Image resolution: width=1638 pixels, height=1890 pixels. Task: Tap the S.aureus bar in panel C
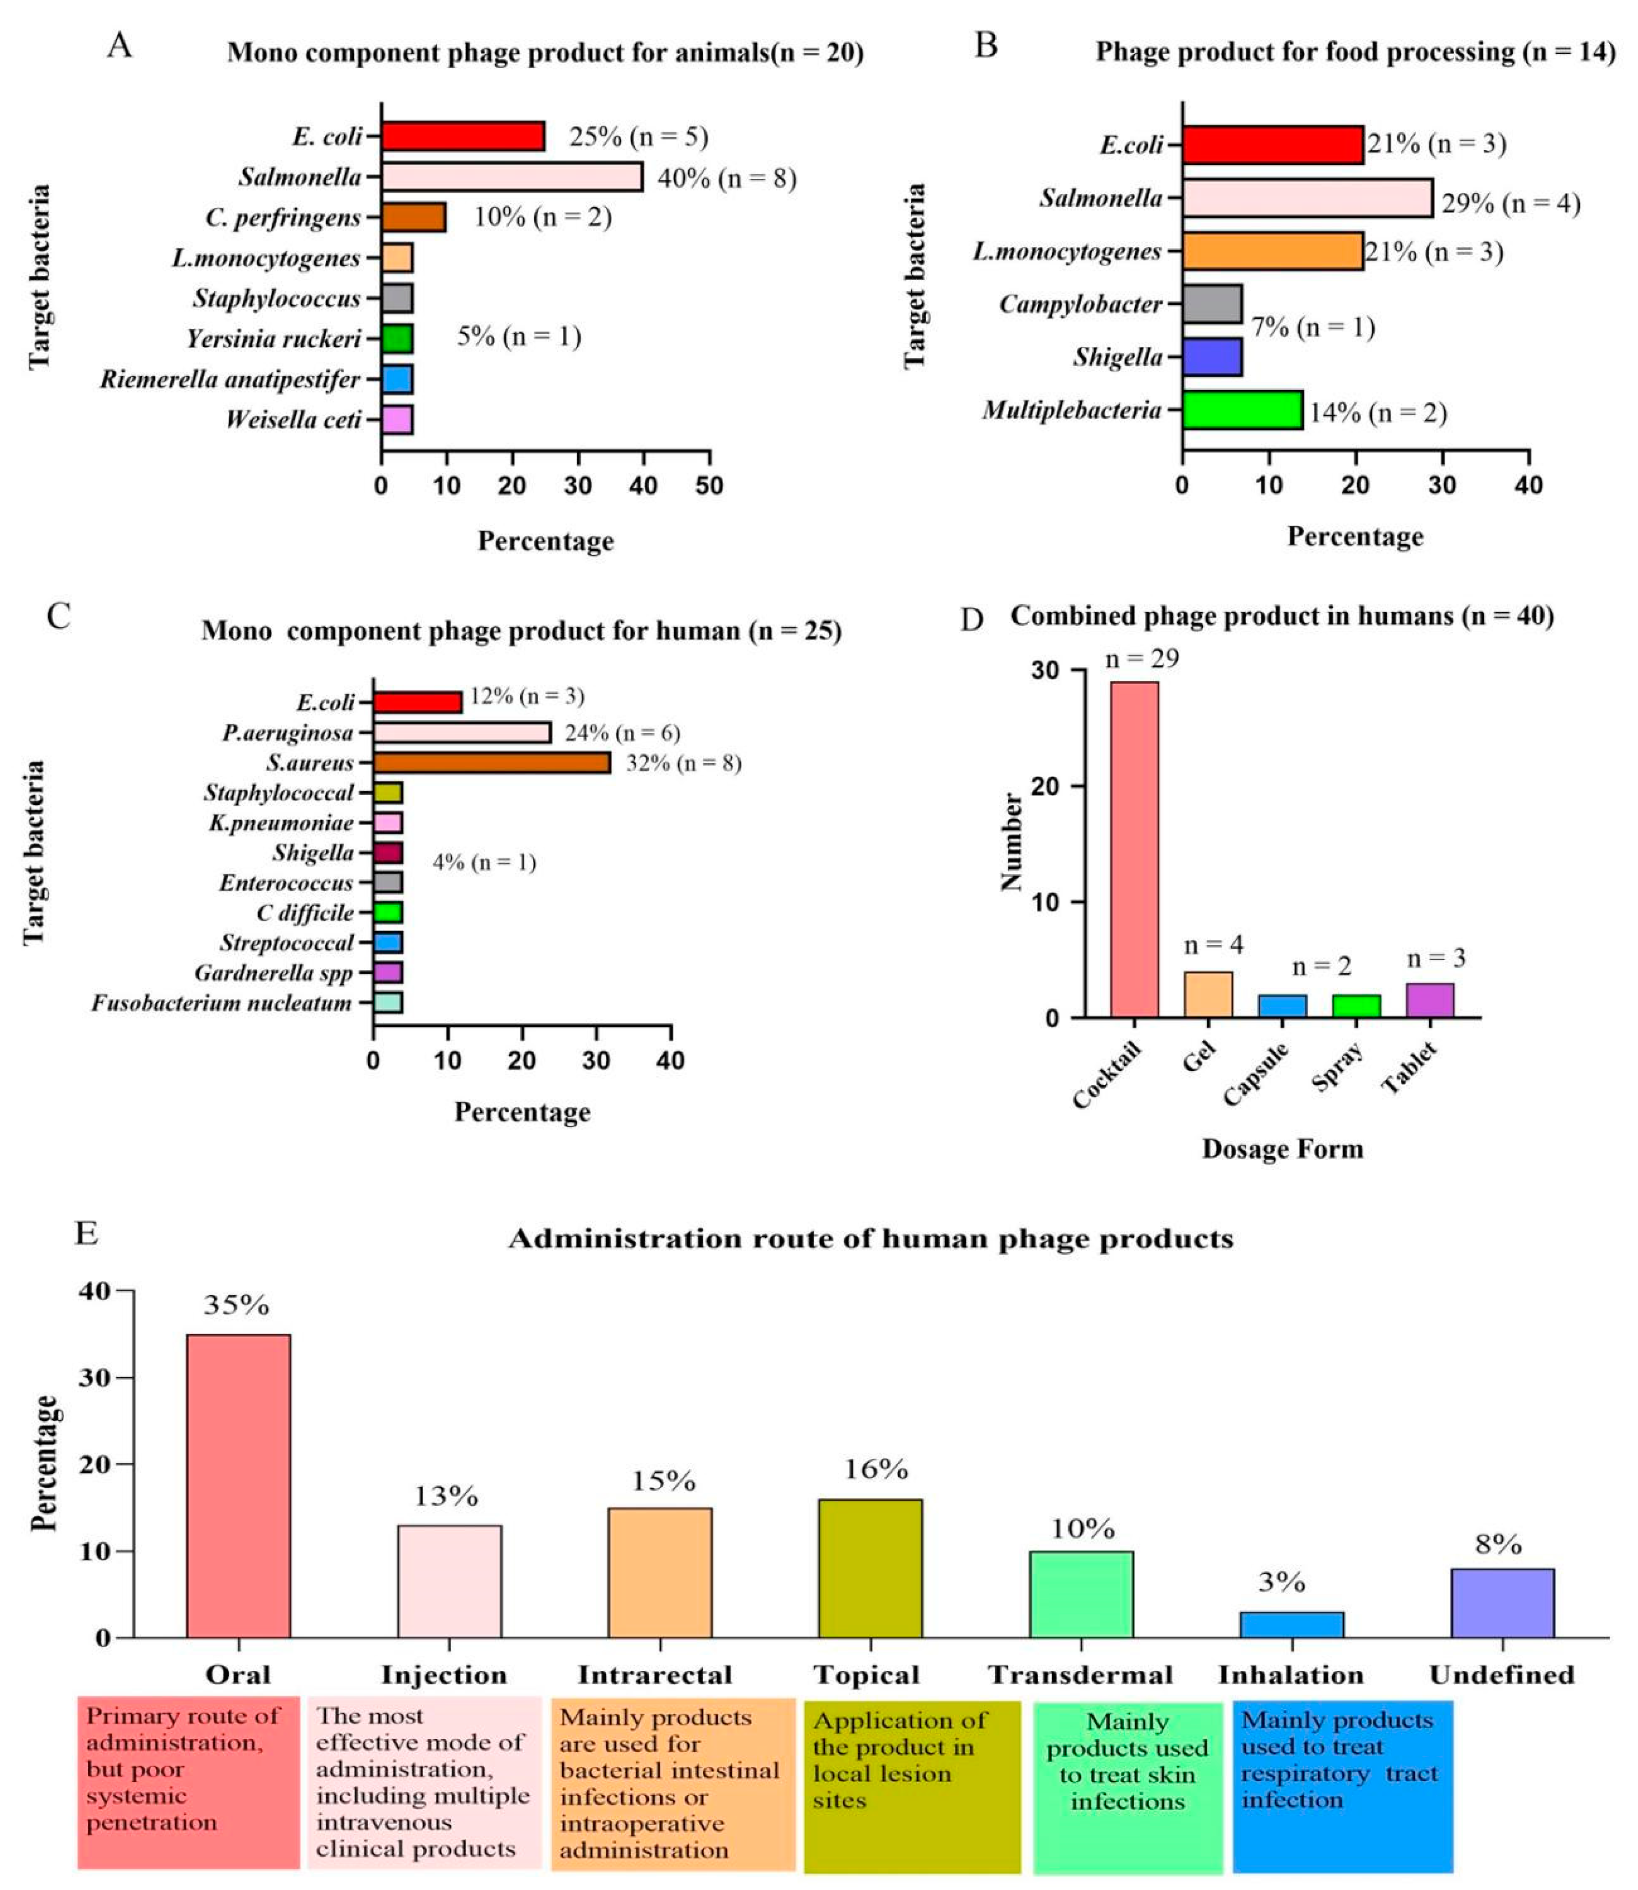(492, 762)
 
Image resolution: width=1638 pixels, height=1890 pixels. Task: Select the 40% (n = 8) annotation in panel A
(727, 178)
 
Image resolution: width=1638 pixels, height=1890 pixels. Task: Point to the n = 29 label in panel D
(1142, 658)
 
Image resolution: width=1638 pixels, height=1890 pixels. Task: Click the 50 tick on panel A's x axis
(709, 485)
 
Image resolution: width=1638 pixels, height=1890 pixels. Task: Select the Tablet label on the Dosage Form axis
(1408, 1067)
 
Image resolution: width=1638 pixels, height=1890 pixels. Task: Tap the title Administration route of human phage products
(870, 1239)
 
